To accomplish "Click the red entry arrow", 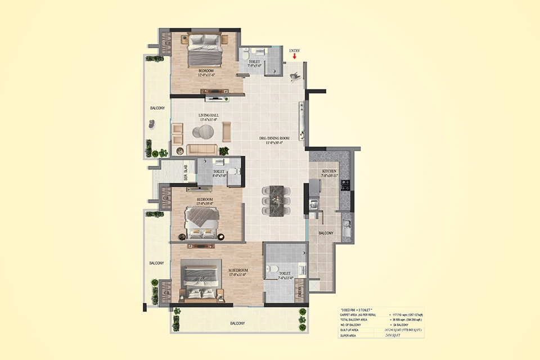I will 294,56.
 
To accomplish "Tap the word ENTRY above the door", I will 295,51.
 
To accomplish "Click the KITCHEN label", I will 329,171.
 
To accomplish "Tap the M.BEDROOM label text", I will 238,271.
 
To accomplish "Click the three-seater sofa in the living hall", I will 202,150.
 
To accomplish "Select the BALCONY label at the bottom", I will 237,323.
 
